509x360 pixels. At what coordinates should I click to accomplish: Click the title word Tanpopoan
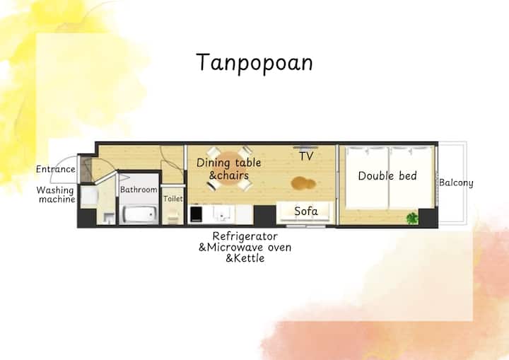[x=255, y=63]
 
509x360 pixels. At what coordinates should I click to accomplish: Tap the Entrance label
[x=56, y=169]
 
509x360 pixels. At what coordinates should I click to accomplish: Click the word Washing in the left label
[x=55, y=190]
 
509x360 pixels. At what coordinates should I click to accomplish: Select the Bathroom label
[x=139, y=190]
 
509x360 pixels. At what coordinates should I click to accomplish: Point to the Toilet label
[x=173, y=199]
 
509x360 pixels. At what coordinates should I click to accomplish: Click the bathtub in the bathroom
[x=139, y=214]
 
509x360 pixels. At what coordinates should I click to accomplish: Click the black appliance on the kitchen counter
[x=196, y=214]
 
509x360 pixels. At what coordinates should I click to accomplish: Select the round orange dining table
[x=230, y=168]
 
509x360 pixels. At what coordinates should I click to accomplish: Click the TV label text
[x=306, y=156]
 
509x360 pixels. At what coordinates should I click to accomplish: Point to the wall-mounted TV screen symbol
[x=305, y=147]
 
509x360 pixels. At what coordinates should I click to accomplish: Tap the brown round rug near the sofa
[x=303, y=183]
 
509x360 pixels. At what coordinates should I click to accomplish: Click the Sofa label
[x=306, y=211]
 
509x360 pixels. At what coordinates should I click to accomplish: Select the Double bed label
[x=387, y=176]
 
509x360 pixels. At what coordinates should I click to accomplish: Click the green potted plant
[x=412, y=219]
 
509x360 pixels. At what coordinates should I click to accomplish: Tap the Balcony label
[x=456, y=183]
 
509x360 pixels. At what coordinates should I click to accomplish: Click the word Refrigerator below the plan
[x=245, y=236]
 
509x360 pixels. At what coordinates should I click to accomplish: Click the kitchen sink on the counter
[x=223, y=214]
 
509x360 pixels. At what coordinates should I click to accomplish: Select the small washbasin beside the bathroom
[x=110, y=218]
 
